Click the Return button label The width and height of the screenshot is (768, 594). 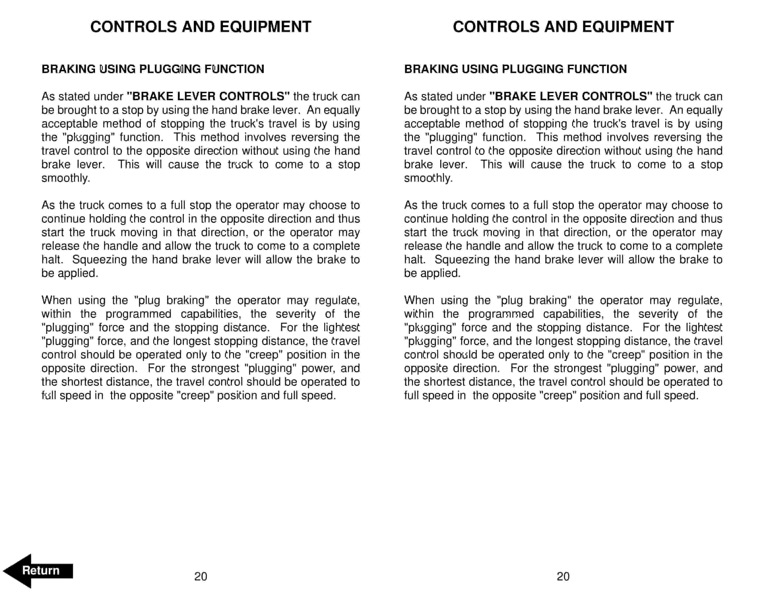pos(41,570)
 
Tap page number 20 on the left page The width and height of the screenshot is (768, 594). pos(200,576)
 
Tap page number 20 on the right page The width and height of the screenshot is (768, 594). pos(563,576)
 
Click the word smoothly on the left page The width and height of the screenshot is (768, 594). pos(65,178)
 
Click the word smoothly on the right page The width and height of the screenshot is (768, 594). pos(428,178)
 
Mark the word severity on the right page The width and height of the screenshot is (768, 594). pos(658,314)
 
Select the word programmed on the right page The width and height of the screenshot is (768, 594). pos(501,314)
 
